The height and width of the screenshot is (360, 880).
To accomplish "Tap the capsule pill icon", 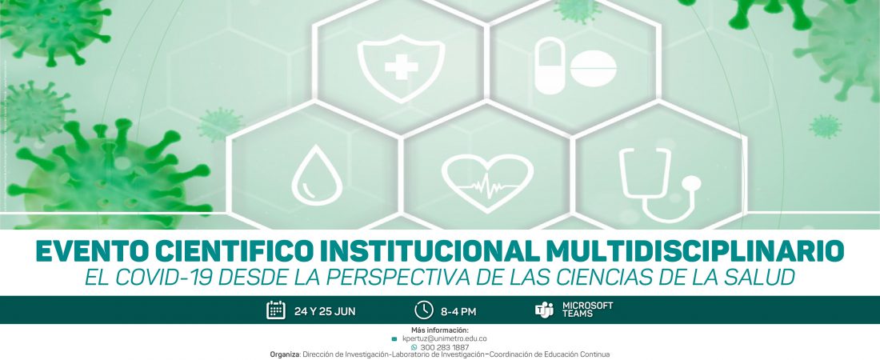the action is pos(550,66).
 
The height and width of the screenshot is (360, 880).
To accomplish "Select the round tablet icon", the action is pos(594,69).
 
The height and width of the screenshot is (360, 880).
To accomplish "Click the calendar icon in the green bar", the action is pos(276,310).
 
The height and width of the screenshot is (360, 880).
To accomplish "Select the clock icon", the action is pos(424,310).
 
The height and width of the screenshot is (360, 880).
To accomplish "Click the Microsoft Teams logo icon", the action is pos(544,310).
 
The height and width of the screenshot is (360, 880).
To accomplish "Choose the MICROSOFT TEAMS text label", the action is pos(588,310).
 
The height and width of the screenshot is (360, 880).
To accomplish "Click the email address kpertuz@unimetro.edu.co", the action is pos(445,338).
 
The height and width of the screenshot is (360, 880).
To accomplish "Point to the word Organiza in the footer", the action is pos(285,355).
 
